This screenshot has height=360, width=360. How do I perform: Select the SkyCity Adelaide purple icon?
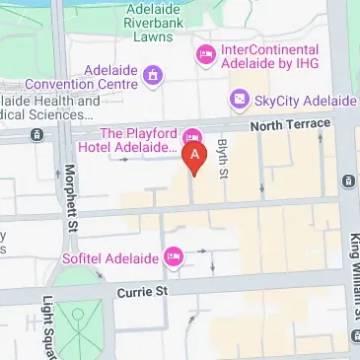tap(239, 101)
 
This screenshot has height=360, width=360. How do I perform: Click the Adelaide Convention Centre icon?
tap(152, 73)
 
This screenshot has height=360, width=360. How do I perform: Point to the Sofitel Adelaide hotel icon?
tap(175, 256)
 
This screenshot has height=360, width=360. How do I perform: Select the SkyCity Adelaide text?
tap(304, 101)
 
